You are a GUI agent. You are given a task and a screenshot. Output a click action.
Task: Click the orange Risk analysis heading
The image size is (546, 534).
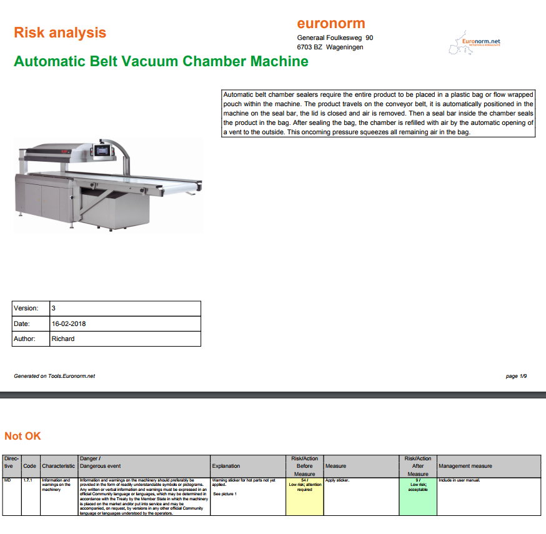60,33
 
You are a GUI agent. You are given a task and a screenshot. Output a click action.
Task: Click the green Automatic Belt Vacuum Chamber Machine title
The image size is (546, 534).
161,61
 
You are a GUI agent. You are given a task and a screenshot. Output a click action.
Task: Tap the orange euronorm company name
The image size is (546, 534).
331,24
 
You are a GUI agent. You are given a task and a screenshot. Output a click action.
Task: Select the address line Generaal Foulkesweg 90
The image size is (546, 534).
335,37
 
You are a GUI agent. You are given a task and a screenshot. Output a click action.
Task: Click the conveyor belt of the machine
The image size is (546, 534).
156,181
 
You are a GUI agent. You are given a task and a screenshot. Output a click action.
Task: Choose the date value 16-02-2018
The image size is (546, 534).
69,324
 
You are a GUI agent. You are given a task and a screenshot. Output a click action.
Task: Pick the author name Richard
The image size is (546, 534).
63,339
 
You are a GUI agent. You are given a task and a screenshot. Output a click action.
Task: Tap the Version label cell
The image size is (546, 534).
26,308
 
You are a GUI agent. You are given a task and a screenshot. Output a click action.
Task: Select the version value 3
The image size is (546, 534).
54,308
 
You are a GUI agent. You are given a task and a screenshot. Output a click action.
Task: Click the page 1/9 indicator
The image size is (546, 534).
516,376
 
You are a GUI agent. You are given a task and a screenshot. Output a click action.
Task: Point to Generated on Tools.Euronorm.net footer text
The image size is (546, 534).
54,376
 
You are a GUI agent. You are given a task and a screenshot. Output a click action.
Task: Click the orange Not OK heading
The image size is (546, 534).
22,436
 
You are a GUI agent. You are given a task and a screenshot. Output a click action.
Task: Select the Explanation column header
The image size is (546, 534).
226,466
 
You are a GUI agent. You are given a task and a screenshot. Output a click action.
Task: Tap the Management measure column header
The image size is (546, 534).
465,466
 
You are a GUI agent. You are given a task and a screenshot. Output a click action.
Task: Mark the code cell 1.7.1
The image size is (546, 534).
27,480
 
